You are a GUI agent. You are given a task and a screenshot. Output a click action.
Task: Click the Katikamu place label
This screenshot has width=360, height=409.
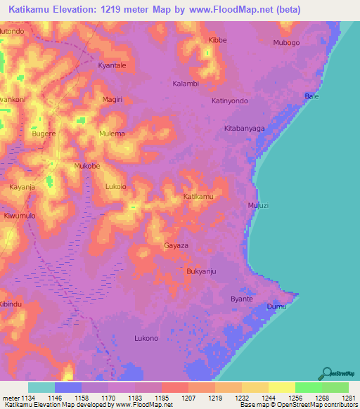pos(198,197)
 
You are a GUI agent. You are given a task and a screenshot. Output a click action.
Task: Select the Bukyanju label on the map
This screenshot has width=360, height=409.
pos(201,271)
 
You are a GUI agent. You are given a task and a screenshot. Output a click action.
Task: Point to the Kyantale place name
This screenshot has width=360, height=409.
pos(112,65)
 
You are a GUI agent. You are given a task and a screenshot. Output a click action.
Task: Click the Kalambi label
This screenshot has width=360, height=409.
pos(186,84)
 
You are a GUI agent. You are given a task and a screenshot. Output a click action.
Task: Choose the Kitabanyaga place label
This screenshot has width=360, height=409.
pos(244,129)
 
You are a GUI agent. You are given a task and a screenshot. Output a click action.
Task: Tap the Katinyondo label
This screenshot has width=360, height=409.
pos(230,100)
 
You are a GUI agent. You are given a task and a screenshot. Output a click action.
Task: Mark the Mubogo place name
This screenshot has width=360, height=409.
pos(286,43)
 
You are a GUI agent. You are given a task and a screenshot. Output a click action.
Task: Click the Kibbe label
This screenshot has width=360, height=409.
pos(218,40)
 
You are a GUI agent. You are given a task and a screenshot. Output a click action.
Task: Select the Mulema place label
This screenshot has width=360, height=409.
pos(112,134)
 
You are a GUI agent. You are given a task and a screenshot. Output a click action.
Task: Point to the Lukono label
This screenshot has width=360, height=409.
pos(146,338)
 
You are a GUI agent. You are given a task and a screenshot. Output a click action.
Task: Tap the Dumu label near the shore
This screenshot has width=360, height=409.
pos(276,307)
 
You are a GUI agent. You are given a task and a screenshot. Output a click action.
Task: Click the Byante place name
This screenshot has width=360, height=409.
pos(242,299)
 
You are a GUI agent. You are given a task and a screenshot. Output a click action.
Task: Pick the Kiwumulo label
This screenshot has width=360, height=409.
pos(19,216)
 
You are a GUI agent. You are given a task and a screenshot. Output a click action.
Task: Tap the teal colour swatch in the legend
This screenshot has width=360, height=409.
pos(41,387)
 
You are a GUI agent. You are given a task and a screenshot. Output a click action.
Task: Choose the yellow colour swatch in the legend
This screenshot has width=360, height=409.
pos(281,387)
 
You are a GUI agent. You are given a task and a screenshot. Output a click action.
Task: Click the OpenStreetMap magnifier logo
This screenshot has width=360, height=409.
pos(327,373)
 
